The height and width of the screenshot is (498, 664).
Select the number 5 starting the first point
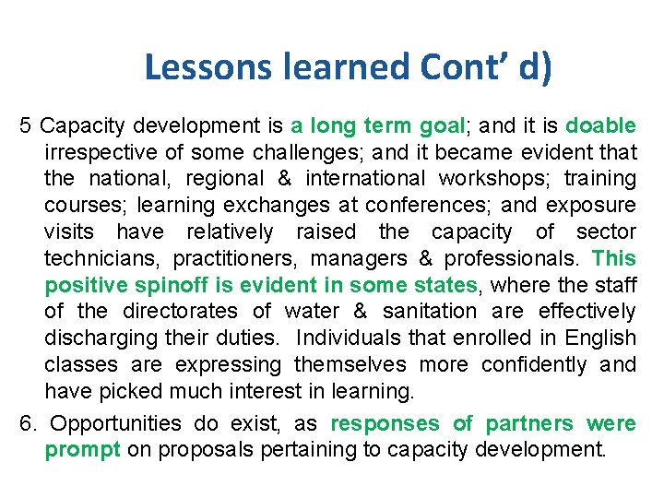tap(27, 125)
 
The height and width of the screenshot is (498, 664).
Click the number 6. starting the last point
tap(30, 424)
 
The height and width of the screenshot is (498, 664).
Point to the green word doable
tap(600, 125)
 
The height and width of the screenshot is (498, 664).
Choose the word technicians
tap(103, 258)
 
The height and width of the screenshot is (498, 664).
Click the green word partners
tap(529, 424)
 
